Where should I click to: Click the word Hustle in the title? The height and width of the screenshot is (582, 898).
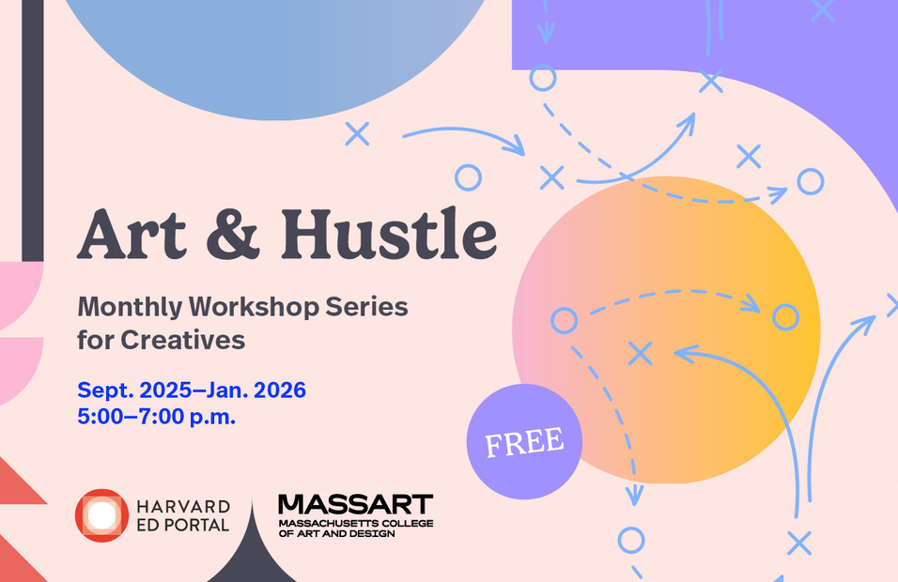(389, 234)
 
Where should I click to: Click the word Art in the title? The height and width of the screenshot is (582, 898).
(132, 235)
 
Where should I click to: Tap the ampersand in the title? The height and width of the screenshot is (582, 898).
(233, 235)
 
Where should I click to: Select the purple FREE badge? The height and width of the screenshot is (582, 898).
(524, 441)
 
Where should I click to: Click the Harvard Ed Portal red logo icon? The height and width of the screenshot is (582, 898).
(102, 515)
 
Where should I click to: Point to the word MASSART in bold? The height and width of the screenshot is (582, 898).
(356, 505)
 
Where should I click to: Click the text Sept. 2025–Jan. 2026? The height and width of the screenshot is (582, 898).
(192, 391)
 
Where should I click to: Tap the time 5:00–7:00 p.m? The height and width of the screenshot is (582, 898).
(156, 416)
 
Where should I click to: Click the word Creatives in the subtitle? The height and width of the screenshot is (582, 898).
(182, 340)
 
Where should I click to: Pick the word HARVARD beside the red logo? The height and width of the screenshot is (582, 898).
(183, 507)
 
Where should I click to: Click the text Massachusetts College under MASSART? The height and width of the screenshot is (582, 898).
(356, 523)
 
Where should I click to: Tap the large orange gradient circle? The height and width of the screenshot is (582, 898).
(666, 329)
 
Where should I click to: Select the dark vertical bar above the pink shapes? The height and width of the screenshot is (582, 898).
(33, 130)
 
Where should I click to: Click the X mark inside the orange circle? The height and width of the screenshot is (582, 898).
(641, 354)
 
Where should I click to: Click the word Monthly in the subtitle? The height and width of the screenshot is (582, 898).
(130, 307)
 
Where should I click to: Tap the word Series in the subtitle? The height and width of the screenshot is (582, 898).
(366, 307)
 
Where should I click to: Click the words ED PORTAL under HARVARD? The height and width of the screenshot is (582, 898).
(182, 526)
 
